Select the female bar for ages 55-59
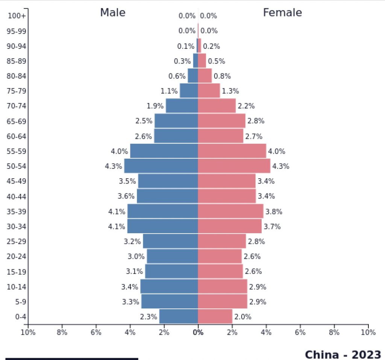[232, 151]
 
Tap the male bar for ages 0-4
[178, 317]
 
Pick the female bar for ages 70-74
[217, 106]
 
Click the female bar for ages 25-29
[222, 242]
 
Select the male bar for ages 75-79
[189, 91]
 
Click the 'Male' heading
[112, 13]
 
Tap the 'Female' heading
[282, 13]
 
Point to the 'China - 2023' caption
[343, 354]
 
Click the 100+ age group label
[17, 16]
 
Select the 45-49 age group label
[17, 181]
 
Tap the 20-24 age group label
[17, 257]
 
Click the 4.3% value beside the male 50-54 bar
[114, 166]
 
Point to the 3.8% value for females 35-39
[274, 211]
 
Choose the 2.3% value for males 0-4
[148, 317]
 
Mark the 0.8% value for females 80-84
[222, 76]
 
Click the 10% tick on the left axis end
[28, 332]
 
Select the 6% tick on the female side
[300, 332]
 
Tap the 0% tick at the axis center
[198, 332]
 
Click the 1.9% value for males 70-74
[155, 106]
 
